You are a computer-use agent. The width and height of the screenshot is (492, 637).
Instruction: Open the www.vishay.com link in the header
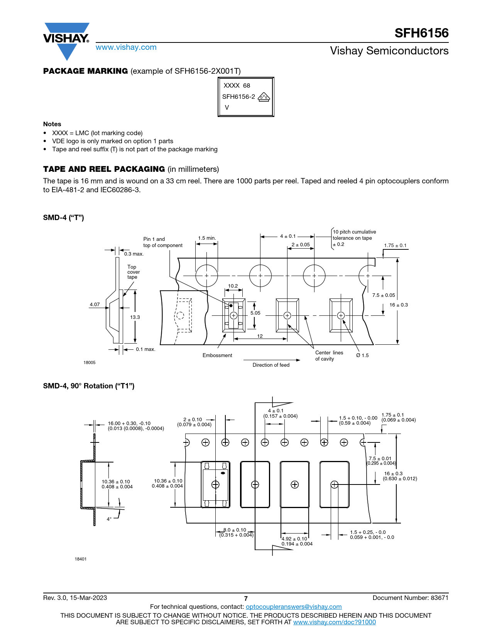(x=126, y=47)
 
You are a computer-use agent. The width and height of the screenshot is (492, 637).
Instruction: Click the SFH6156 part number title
(x=421, y=33)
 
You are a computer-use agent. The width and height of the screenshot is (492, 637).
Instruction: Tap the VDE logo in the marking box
(x=264, y=97)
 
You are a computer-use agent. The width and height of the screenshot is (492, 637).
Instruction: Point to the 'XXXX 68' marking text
(x=237, y=85)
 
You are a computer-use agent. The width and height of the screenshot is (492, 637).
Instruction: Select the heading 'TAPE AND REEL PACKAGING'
(x=104, y=169)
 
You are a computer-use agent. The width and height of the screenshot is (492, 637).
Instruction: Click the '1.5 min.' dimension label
(x=207, y=238)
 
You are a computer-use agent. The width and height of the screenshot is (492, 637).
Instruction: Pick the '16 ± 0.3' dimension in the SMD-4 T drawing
(x=399, y=305)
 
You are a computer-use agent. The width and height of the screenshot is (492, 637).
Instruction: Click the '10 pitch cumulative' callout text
(x=354, y=232)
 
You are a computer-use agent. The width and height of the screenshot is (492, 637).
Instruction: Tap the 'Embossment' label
(x=217, y=355)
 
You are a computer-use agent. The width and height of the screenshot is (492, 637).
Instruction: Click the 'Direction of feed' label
(x=271, y=365)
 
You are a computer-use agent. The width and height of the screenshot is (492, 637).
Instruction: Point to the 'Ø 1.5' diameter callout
(x=362, y=355)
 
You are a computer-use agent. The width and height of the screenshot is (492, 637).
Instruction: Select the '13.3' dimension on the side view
(x=135, y=317)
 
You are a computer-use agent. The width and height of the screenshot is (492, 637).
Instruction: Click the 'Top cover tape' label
(x=134, y=272)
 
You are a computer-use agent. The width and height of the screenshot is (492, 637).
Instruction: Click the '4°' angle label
(x=109, y=519)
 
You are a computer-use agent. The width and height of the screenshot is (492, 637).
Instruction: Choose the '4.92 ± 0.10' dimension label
(x=294, y=539)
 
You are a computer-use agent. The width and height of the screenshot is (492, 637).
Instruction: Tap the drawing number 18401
(x=81, y=559)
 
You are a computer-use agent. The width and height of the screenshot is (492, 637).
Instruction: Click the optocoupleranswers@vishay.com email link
(x=294, y=607)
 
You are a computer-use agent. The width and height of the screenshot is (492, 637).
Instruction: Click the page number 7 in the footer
(x=246, y=598)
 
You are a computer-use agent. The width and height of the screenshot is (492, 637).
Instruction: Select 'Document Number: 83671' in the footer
(x=411, y=598)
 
